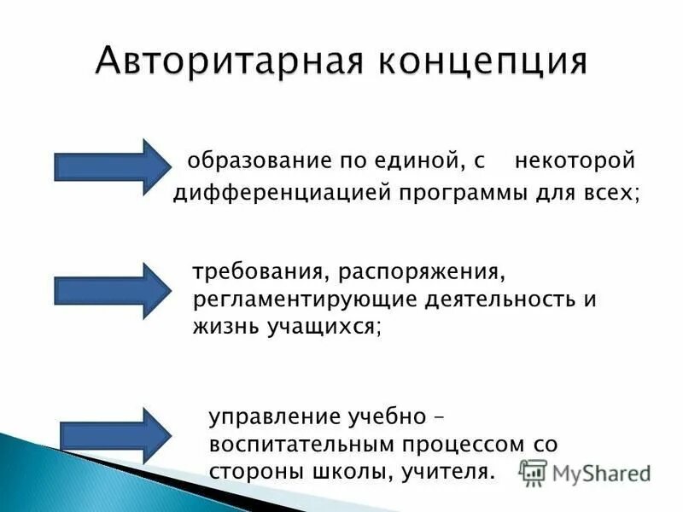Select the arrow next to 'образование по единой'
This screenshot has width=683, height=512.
click(x=112, y=165)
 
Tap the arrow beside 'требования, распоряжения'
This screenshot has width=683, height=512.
click(x=112, y=291)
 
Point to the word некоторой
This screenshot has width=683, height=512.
click(x=575, y=160)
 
